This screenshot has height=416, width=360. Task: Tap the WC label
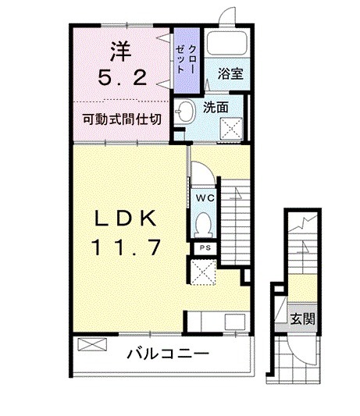205,197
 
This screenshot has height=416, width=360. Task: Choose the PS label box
205,247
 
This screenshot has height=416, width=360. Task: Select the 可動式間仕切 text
123,119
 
